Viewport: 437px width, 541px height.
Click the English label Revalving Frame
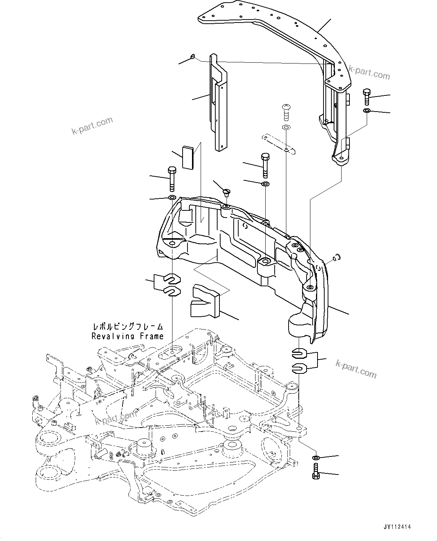click(127, 336)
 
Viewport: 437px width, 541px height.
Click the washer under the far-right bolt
click(367, 111)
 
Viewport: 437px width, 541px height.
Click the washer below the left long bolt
click(172, 198)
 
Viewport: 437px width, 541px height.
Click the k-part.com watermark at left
click(92, 126)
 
